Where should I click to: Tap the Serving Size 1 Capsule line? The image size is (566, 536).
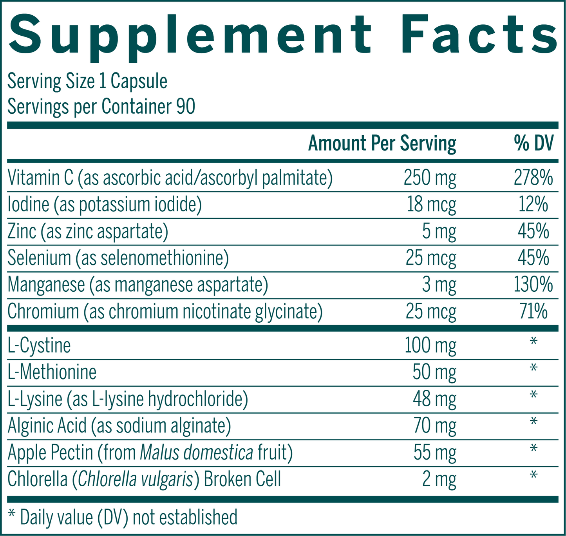click(x=87, y=82)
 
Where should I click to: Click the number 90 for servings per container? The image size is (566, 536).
click(x=185, y=107)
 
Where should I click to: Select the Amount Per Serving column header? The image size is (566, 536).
click(x=382, y=144)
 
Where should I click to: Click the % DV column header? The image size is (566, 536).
click(x=533, y=144)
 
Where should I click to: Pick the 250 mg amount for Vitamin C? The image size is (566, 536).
click(x=430, y=178)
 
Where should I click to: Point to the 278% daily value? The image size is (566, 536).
click(x=533, y=178)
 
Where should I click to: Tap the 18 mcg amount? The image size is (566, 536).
click(x=431, y=205)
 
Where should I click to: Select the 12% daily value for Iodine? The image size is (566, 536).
click(x=533, y=204)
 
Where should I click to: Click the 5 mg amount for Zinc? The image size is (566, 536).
click(x=439, y=231)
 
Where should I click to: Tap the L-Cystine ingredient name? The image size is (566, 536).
click(x=39, y=346)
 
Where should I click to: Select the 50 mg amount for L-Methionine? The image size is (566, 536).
click(x=434, y=372)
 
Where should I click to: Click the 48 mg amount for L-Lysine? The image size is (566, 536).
click(x=434, y=399)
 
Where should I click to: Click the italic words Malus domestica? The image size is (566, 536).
click(x=196, y=452)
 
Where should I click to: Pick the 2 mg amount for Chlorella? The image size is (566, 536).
click(x=439, y=479)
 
